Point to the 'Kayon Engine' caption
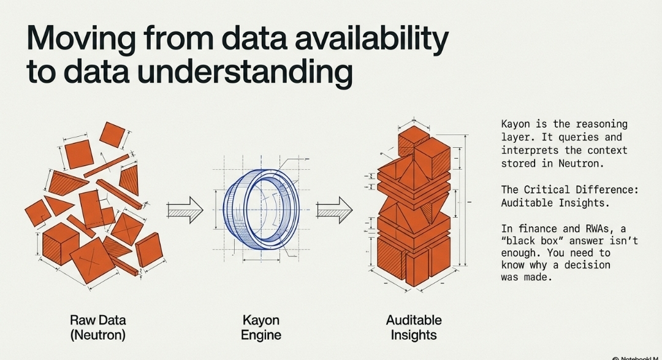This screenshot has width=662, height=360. (x=261, y=327)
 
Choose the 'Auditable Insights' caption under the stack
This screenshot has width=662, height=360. (x=414, y=327)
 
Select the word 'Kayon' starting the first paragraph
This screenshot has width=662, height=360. (x=516, y=124)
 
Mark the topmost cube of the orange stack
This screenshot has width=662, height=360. (x=413, y=140)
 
